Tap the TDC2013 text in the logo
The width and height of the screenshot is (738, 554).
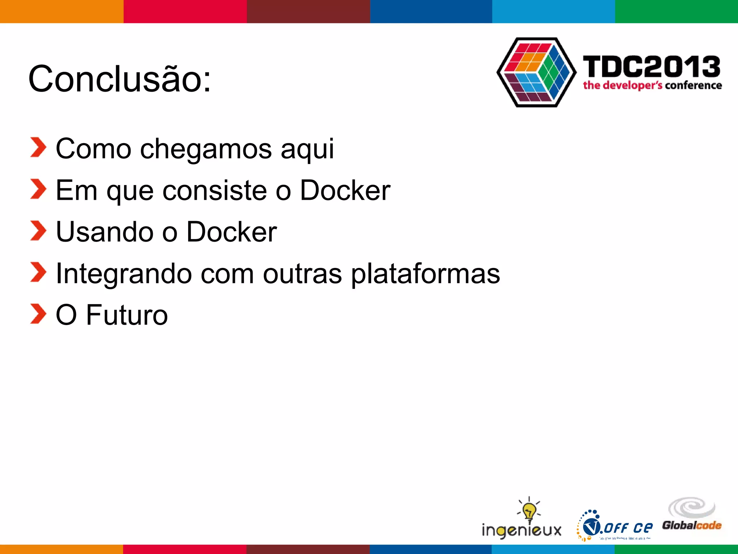[x=652, y=67]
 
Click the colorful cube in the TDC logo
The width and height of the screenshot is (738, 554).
[x=537, y=72]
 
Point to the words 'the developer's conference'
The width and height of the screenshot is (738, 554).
[x=652, y=85]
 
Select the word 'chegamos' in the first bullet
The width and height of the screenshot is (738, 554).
[x=205, y=149]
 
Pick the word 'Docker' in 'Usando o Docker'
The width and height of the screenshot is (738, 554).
[x=231, y=232]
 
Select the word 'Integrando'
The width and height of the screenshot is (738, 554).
[x=124, y=273]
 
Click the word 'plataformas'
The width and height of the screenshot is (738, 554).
[x=425, y=274]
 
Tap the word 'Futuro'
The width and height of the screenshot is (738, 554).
[x=127, y=315]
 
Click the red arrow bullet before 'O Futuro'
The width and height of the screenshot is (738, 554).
[x=38, y=314]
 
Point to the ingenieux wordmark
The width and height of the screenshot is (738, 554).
[x=521, y=530]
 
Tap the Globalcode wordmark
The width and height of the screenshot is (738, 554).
[x=692, y=525]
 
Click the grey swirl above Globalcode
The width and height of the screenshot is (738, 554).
[x=692, y=507]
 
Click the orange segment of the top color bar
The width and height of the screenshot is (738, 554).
[x=61, y=11]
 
